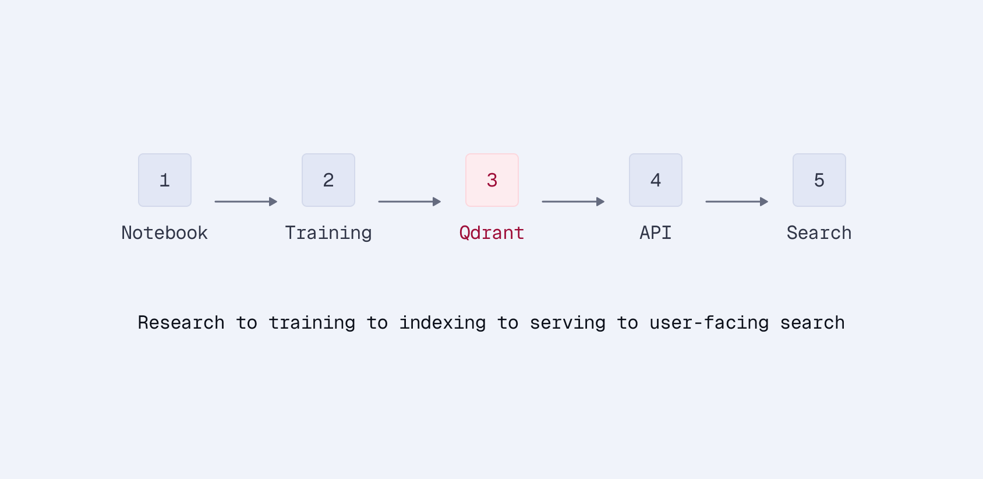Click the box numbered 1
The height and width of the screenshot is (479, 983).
(x=165, y=180)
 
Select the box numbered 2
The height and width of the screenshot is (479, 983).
(x=328, y=180)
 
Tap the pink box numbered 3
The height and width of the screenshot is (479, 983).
(x=492, y=180)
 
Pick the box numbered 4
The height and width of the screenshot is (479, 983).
(x=656, y=180)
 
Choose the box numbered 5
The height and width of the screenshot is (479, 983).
(x=819, y=180)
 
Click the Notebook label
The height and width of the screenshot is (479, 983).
(x=165, y=233)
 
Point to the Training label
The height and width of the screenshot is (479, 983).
(x=328, y=233)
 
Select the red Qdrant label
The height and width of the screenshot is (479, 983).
(x=492, y=233)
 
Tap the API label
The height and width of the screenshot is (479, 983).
(x=656, y=233)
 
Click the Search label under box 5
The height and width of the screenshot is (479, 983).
(x=819, y=233)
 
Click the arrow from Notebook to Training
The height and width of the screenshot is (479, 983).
(x=246, y=202)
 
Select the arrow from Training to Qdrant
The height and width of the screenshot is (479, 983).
(x=409, y=202)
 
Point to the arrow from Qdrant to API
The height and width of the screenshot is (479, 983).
(x=573, y=202)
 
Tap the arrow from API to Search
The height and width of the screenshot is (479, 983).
(x=737, y=202)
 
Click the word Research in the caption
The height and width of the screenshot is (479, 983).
(x=181, y=323)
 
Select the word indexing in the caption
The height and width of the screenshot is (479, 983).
(x=443, y=323)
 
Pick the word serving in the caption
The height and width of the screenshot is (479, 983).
(x=568, y=323)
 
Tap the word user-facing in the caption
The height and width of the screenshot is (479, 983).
(x=709, y=323)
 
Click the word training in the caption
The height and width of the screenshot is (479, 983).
(x=312, y=323)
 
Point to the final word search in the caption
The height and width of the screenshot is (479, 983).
(x=812, y=323)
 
